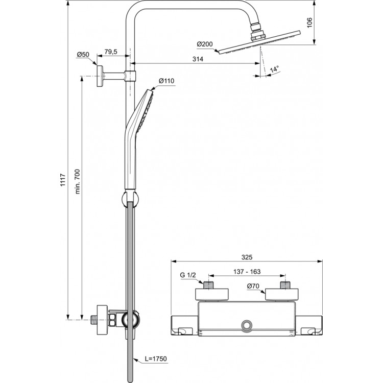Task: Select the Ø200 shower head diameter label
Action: tap(204, 44)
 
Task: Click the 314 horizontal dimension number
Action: tap(198, 59)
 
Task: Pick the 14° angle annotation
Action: tap(274, 69)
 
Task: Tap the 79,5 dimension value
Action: tap(111, 52)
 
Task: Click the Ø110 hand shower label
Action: tap(166, 81)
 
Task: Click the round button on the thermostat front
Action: tap(247, 325)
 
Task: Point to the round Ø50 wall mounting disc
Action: tap(100, 77)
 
